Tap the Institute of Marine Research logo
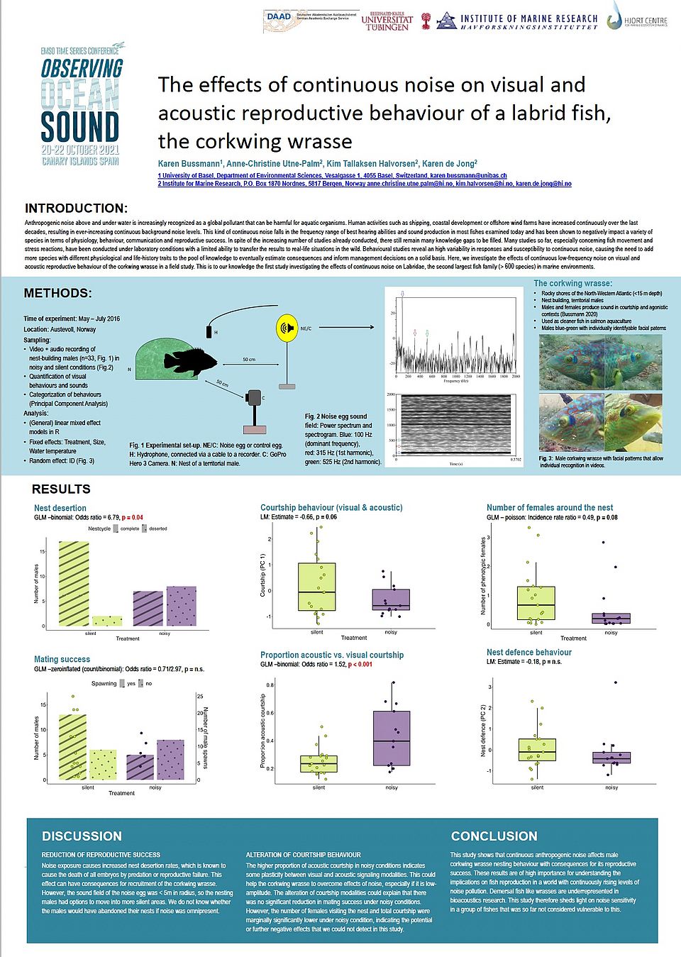tap(518, 21)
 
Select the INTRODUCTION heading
tap(76, 209)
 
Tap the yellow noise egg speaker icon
tap(286, 328)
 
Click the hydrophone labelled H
tap(209, 331)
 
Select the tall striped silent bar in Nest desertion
tap(74, 584)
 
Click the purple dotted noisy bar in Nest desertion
tap(181, 606)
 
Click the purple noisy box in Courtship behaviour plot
tap(391, 599)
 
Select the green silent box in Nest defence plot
tap(537, 750)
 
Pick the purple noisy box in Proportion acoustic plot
tap(392, 739)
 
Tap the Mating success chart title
tap(62, 660)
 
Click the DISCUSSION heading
tap(82, 836)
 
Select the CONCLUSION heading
tap(494, 836)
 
